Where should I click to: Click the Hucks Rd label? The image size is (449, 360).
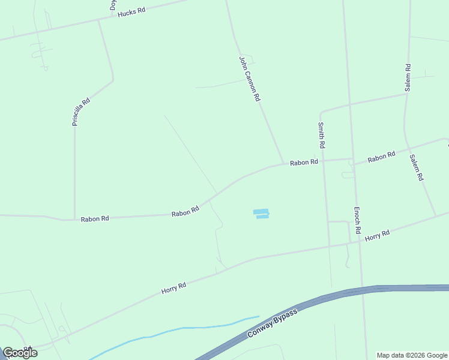click(x=131, y=12)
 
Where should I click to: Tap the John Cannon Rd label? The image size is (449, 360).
click(x=249, y=78)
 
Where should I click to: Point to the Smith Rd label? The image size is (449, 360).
click(x=321, y=136)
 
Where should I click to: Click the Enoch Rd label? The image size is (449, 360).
click(x=357, y=220)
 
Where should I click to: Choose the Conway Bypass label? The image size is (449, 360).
click(x=273, y=327)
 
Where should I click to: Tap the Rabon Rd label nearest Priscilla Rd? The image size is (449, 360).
click(x=95, y=219)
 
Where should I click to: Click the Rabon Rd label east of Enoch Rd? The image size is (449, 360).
click(x=382, y=157)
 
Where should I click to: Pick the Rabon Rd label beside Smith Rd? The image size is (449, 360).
click(x=304, y=163)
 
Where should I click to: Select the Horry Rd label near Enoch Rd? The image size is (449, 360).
click(x=377, y=235)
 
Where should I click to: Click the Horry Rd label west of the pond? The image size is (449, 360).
click(x=173, y=287)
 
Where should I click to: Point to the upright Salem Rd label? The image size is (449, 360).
click(x=408, y=77)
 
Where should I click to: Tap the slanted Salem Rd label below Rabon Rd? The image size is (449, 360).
click(x=417, y=168)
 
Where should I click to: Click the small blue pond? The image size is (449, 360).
click(x=261, y=213)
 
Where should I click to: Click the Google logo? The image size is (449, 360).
click(x=20, y=353)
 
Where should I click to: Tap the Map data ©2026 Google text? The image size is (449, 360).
click(x=412, y=355)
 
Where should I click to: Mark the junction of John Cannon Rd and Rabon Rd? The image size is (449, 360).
click(x=283, y=164)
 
